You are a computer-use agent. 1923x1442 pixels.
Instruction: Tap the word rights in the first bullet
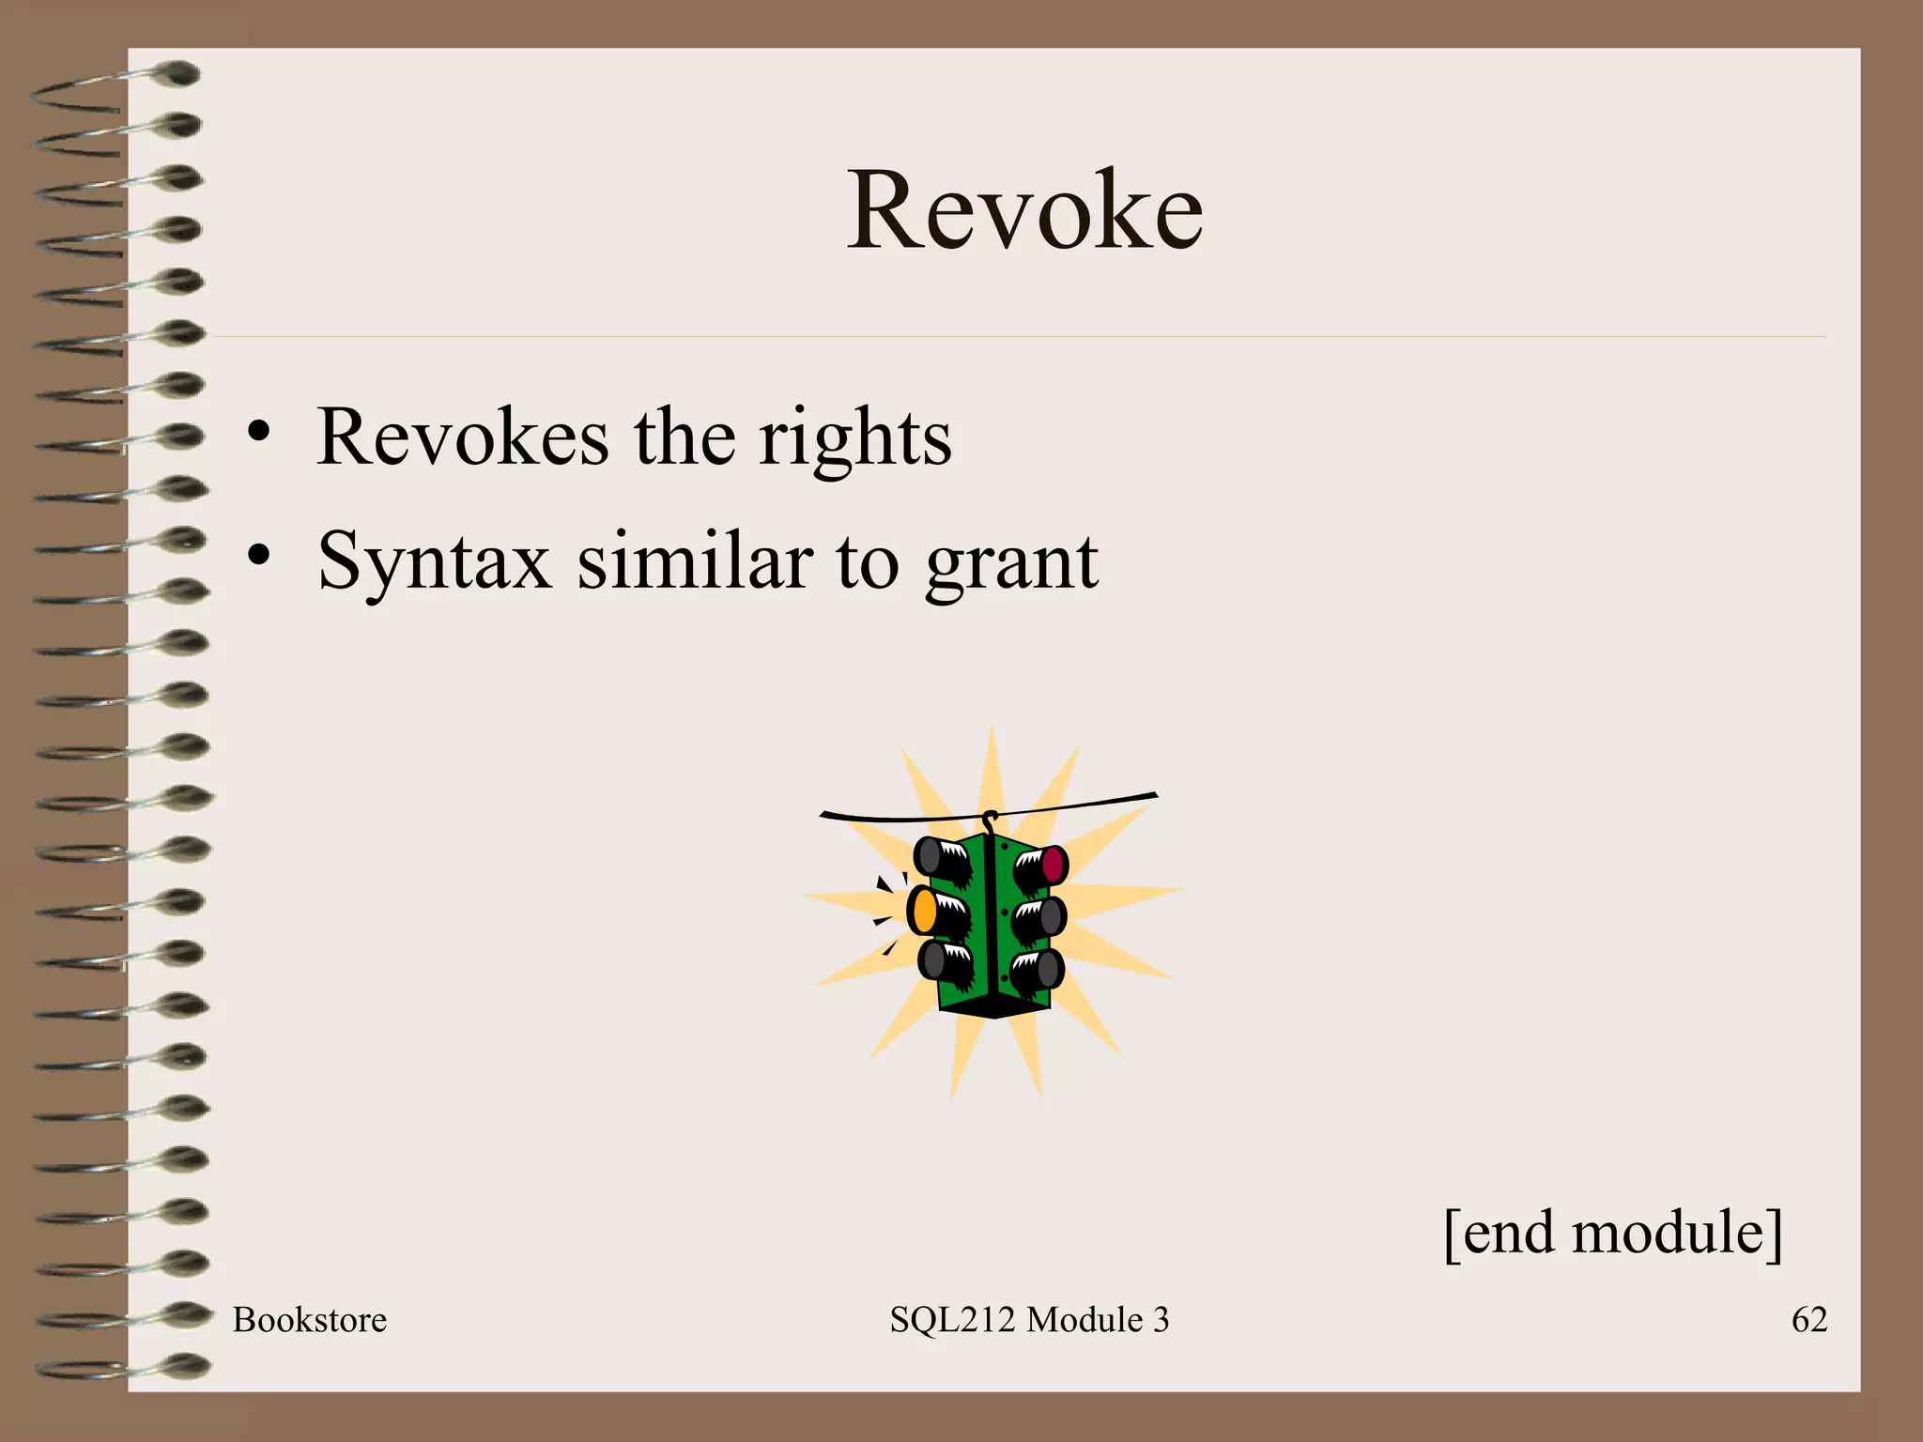tap(854, 437)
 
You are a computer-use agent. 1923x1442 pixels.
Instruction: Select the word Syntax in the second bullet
tap(435, 561)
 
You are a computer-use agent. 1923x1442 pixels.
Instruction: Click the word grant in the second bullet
tap(1011, 561)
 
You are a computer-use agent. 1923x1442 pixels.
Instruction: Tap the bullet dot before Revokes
tap(259, 434)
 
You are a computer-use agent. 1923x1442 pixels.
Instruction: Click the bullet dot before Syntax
tap(259, 556)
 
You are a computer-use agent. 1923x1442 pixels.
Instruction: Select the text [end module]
tap(1612, 1233)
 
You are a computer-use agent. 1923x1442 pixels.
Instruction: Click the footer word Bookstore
tap(309, 1320)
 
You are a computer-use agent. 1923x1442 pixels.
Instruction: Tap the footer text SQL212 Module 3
tap(1029, 1320)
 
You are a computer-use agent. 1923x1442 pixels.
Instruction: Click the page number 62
tap(1808, 1320)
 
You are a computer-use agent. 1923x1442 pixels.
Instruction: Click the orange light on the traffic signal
tap(924, 911)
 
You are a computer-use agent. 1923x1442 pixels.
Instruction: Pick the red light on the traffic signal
tap(1053, 864)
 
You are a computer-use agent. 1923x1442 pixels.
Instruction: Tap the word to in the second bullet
tap(867, 561)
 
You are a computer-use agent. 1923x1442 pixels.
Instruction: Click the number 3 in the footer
tap(1161, 1320)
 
